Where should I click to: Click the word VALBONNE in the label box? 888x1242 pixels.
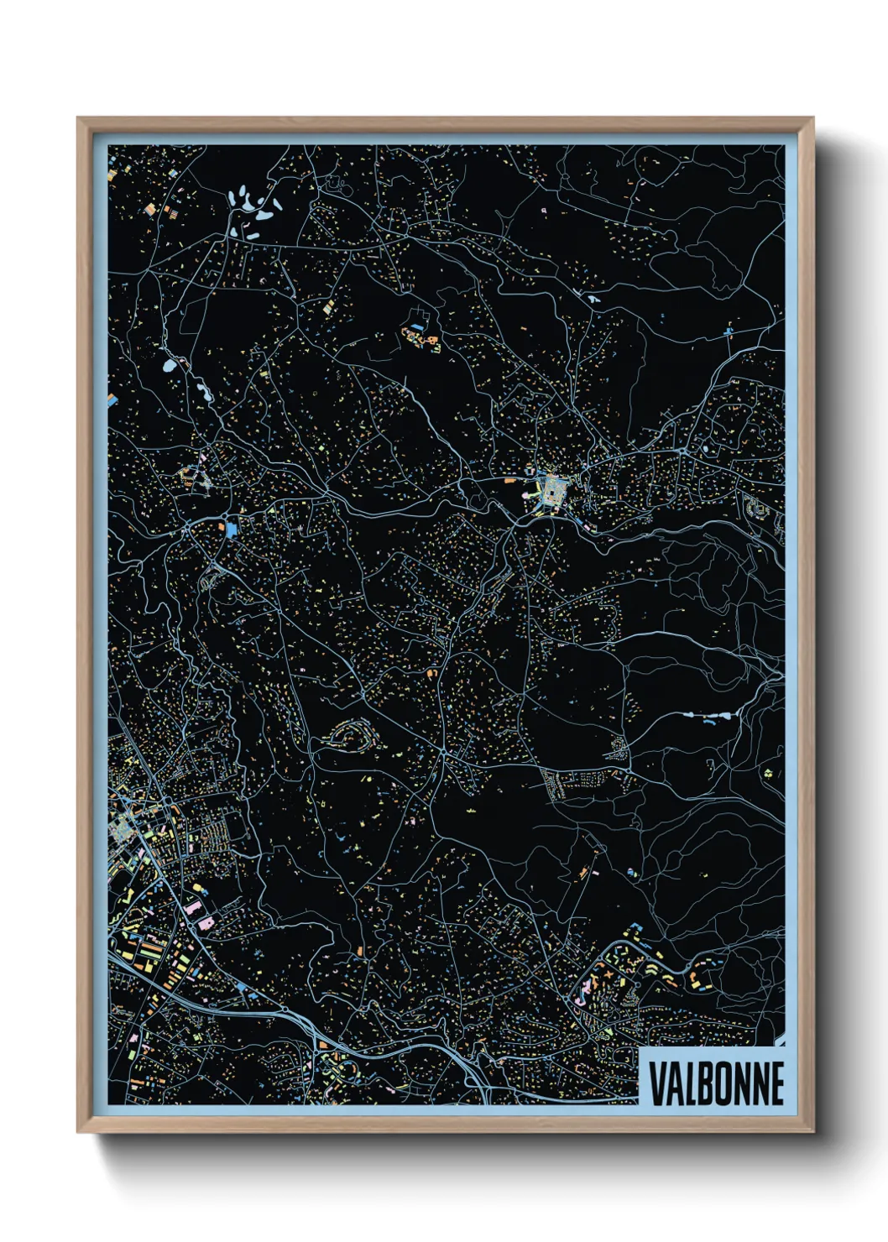(716, 1083)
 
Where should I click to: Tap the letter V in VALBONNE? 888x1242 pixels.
(656, 1083)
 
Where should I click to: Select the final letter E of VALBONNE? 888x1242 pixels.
(776, 1083)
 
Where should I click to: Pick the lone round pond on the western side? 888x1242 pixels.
(170, 366)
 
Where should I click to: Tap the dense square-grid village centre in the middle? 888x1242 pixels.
(551, 490)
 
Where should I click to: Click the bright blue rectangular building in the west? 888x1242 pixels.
(232, 529)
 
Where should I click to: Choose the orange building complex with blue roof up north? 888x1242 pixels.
(420, 339)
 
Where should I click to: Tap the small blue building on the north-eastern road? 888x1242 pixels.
(728, 332)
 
